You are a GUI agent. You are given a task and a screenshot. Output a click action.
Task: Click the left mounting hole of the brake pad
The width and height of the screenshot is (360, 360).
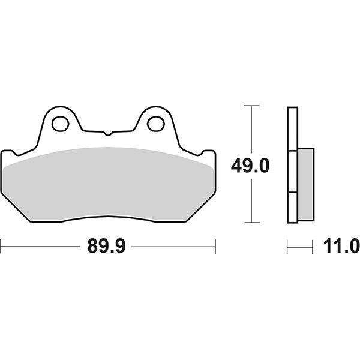60,124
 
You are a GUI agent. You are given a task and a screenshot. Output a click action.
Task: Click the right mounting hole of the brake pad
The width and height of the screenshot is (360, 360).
155,124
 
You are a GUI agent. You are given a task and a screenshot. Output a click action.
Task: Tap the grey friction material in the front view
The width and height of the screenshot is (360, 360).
108,180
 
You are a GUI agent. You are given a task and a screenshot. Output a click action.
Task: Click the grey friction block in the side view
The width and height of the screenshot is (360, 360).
305,184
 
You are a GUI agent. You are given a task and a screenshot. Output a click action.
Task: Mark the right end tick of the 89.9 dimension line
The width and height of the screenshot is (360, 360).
215,245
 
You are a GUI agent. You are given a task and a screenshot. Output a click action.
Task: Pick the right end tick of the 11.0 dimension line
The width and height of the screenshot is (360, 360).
313,245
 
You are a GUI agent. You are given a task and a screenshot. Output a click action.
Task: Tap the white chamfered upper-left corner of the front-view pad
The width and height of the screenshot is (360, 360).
12,157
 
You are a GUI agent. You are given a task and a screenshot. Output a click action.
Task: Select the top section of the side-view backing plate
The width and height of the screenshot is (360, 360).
292,129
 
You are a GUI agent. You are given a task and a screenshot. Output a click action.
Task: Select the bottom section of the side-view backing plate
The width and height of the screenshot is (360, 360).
292,207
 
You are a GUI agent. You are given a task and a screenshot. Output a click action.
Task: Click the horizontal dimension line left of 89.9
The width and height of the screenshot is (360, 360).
42,245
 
